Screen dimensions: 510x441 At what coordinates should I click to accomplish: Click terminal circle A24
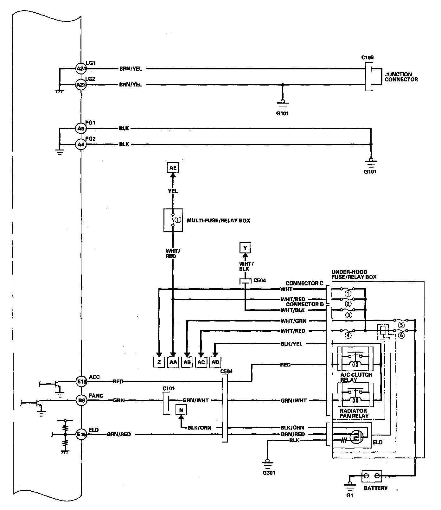[81, 68]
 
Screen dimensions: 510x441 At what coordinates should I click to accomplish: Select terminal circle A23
[81, 85]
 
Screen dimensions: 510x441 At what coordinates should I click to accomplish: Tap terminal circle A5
[81, 129]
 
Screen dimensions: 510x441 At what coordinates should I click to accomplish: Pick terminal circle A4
[81, 144]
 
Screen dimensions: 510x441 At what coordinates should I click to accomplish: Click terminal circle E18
[81, 382]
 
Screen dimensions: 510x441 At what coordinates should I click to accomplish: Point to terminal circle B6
[81, 401]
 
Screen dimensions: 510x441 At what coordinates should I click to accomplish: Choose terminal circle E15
[81, 435]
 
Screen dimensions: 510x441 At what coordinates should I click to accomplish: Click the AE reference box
[173, 168]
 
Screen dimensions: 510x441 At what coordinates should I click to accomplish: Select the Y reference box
[245, 248]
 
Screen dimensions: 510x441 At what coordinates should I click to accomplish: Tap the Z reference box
[159, 362]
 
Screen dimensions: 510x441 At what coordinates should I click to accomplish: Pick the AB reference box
[187, 362]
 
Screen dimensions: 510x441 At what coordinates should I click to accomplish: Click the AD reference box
[215, 362]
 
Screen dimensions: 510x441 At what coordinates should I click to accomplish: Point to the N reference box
[181, 410]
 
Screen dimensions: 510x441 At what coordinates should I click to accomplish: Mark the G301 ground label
[269, 473]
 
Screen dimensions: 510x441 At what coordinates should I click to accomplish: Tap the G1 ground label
[349, 496]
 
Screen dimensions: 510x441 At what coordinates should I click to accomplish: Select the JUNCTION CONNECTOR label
[401, 77]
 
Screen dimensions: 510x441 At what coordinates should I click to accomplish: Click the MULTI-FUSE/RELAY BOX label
[218, 220]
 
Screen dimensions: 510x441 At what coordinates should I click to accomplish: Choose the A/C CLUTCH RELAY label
[356, 377]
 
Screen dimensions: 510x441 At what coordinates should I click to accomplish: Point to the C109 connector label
[367, 58]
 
